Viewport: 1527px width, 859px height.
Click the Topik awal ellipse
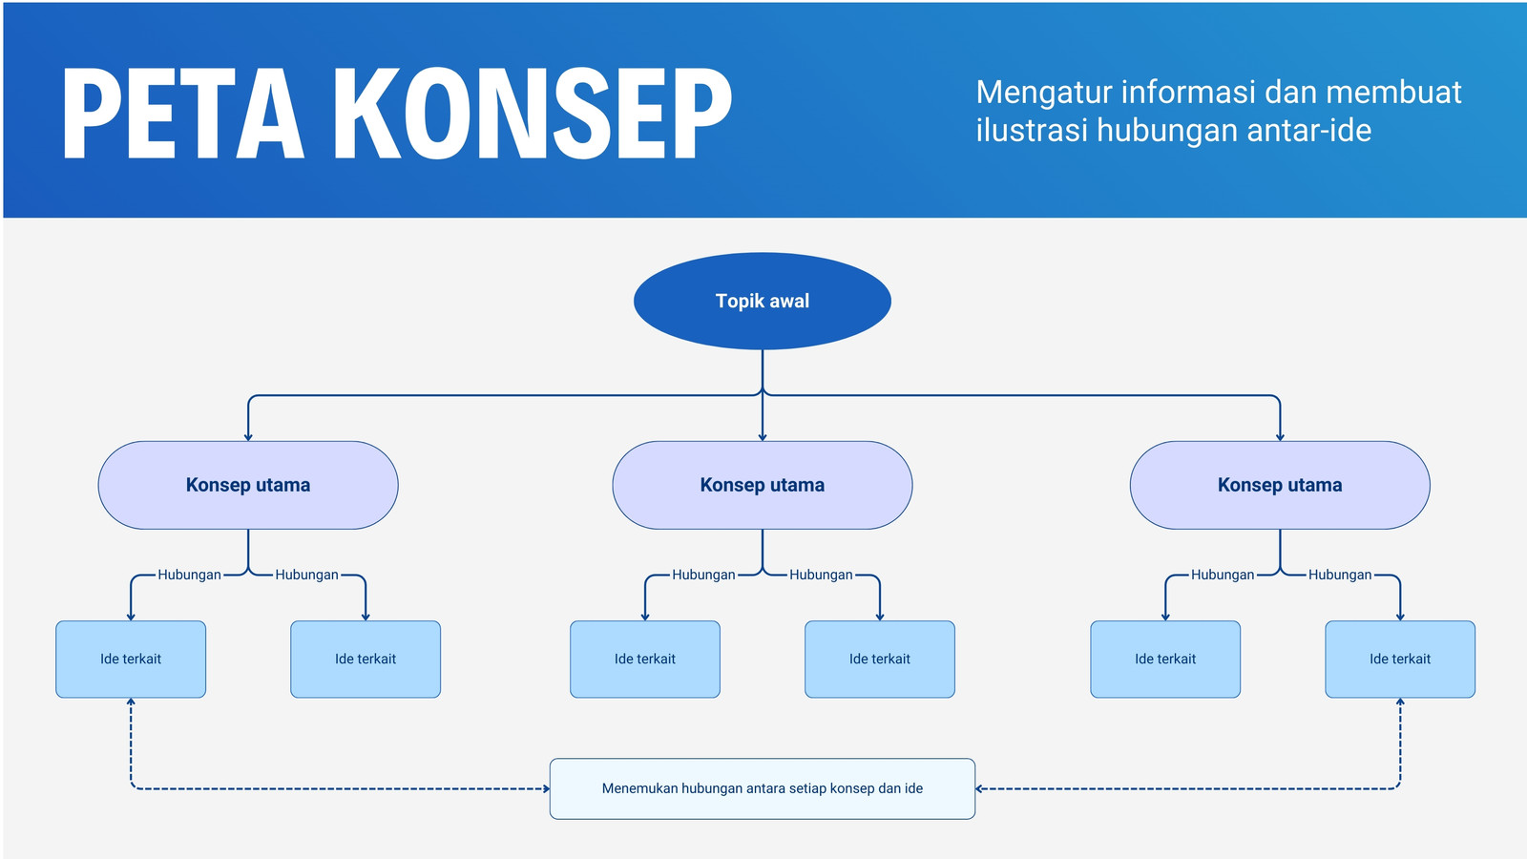pos(763,301)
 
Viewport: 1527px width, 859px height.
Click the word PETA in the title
pos(182,114)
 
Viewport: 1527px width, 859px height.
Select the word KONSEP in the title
pos(533,114)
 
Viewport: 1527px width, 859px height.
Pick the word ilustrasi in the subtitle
pos(1031,130)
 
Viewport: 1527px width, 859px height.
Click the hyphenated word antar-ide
pos(1308,130)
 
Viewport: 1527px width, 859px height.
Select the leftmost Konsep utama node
pos(248,485)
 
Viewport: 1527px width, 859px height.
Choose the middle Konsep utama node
pos(763,485)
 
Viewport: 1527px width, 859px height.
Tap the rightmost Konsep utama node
pos(1280,485)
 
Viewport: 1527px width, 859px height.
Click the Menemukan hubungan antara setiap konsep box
pos(763,788)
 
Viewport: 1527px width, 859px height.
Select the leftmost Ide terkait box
pos(131,659)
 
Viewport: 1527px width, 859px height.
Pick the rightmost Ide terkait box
pos(1399,659)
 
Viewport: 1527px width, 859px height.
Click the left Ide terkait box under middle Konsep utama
pos(645,659)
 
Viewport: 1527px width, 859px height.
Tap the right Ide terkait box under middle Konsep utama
pos(879,659)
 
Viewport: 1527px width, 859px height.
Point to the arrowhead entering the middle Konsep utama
pos(763,437)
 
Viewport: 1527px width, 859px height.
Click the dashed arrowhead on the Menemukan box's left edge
pos(546,788)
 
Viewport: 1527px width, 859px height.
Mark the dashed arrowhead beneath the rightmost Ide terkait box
pos(1400,702)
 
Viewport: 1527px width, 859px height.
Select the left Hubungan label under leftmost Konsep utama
pos(190,575)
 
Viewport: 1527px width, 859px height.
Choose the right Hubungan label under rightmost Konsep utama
pos(1340,575)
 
